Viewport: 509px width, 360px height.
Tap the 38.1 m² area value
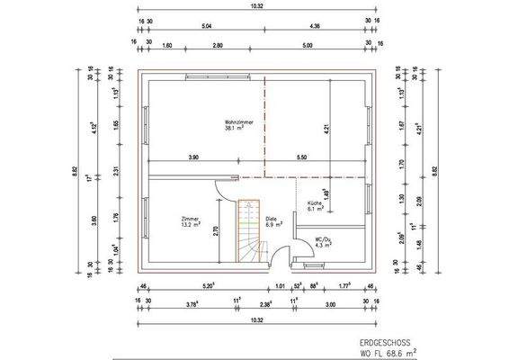[236, 129]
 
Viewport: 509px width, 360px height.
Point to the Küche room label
[314, 203]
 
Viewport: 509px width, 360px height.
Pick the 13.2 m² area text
[190, 225]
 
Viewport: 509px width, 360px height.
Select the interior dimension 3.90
[193, 157]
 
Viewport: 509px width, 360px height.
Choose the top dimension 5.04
[208, 27]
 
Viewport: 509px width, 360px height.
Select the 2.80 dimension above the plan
[218, 44]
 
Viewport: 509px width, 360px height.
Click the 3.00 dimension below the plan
[330, 304]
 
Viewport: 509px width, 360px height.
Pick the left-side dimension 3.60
[93, 219]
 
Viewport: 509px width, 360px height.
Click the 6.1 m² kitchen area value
[314, 209]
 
